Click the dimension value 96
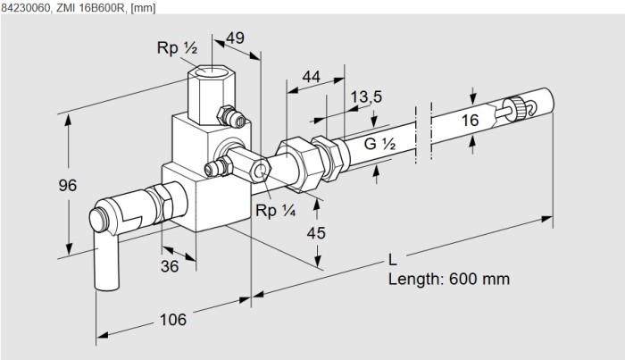point(66,186)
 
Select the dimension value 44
point(311,78)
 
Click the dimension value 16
point(471,120)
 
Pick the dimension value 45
point(316,233)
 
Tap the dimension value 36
point(170,265)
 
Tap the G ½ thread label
point(378,142)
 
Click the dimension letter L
point(393,261)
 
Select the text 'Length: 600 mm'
point(448,279)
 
